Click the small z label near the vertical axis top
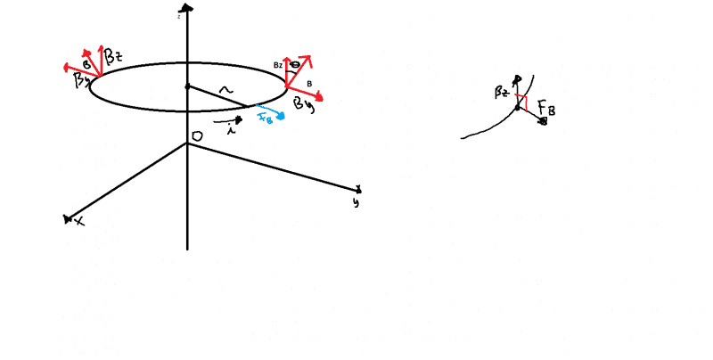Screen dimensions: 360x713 [x=179, y=16]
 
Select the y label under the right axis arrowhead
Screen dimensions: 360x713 [x=356, y=202]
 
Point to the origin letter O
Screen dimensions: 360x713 [x=197, y=135]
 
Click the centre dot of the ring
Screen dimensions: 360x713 [x=187, y=86]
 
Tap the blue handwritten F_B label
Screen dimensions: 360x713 [x=265, y=117]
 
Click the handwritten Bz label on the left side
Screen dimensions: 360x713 [x=113, y=58]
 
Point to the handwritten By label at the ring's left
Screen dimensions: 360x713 [x=81, y=81]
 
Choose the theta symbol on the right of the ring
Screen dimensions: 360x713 [x=295, y=66]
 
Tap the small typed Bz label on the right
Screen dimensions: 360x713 [x=277, y=66]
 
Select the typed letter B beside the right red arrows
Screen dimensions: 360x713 [x=309, y=85]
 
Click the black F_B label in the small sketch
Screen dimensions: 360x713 [x=546, y=110]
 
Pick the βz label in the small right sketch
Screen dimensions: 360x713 [x=502, y=93]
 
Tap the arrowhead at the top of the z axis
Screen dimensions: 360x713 [x=187, y=7]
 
